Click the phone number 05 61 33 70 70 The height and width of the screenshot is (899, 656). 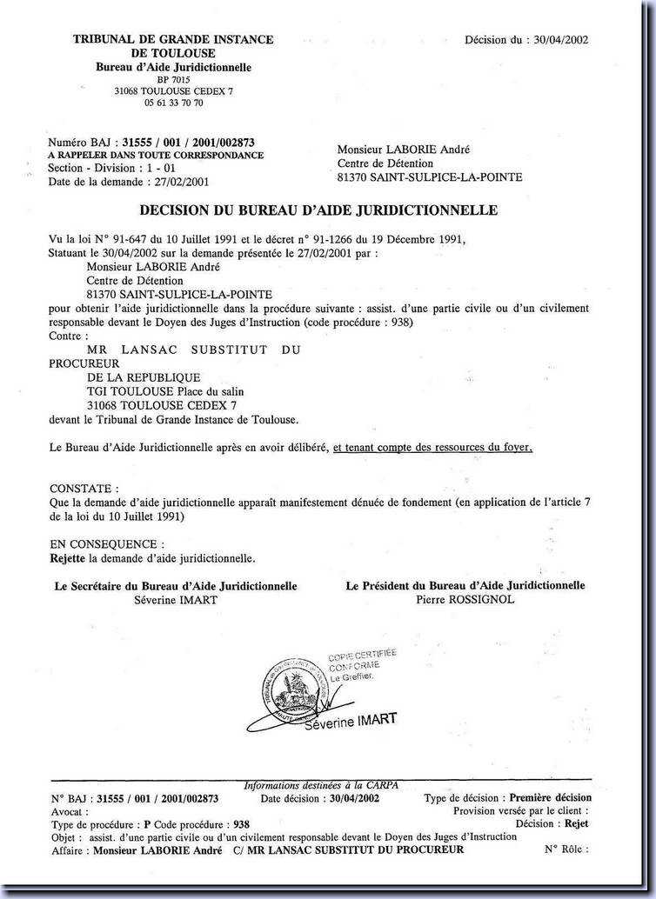coord(174,103)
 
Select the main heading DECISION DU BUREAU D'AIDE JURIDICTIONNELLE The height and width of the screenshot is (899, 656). coord(318,210)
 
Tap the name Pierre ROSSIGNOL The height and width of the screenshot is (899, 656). coord(465,599)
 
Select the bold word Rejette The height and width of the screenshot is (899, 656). coord(69,557)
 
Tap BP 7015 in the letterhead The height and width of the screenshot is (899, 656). coord(174,79)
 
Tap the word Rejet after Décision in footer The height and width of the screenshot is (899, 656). coord(577,823)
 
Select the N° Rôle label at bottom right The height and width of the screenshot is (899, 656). coord(566,849)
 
